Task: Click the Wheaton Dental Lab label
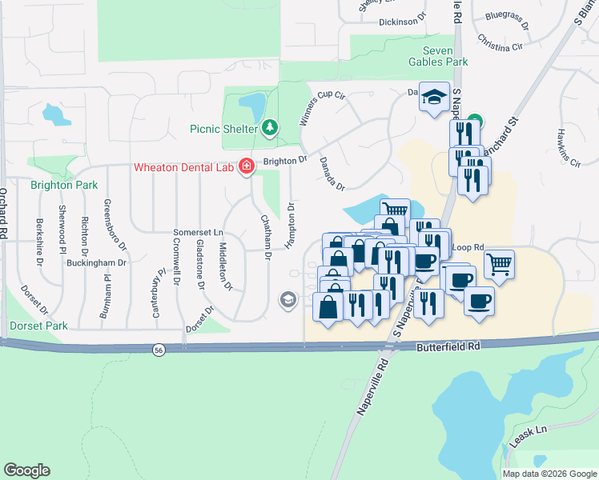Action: coord(183,166)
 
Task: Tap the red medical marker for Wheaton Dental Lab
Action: coord(247,166)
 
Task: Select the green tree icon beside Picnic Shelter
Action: coord(271,127)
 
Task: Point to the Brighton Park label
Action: coord(64,185)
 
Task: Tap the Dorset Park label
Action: coord(38,326)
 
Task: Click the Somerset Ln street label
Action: coord(197,232)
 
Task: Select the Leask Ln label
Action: coord(529,436)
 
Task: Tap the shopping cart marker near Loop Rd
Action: coord(499,262)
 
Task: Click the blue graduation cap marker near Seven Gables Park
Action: coord(435,98)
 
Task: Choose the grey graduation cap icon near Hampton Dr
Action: coord(287,300)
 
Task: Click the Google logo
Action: coord(26,470)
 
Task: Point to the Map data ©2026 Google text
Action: coord(549,474)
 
